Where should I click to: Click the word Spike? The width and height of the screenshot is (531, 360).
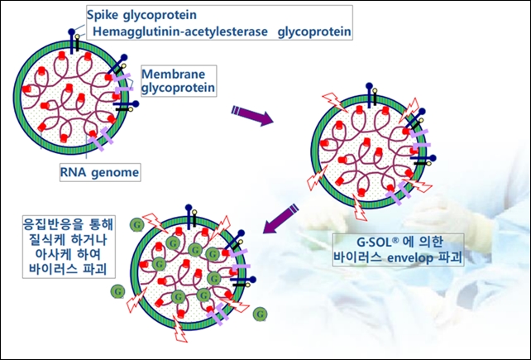pos(103,15)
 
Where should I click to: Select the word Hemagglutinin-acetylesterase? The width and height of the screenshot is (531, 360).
pos(180,31)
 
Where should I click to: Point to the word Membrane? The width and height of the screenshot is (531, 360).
pos(174,74)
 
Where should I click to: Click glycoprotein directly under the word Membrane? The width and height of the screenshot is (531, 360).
pos(178,88)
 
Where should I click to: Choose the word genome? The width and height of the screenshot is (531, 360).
pos(115,173)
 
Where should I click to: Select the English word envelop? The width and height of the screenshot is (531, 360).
pos(410,258)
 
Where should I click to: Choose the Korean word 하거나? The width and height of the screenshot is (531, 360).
pos(89,240)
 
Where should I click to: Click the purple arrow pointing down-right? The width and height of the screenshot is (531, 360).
pos(252,115)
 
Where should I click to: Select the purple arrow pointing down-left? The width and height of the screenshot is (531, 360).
pos(280,218)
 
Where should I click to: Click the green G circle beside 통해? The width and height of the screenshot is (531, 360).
pos(136,224)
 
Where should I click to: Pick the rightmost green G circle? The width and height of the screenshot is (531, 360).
pos(260,314)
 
